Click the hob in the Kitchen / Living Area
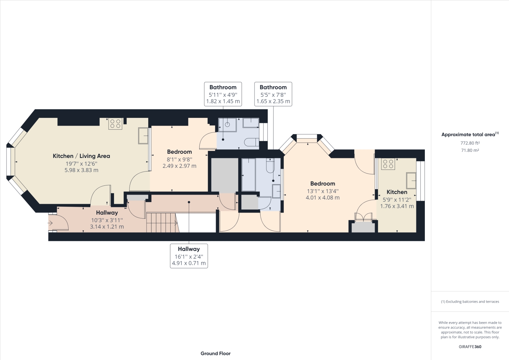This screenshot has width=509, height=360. (115, 124)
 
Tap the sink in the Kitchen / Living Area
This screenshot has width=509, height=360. (143, 136)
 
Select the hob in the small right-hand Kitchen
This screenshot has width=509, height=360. (388, 164)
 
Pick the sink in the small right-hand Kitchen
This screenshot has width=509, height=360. (411, 180)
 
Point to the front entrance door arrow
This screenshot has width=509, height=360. (50, 223)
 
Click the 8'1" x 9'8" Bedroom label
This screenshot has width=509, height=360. (179, 159)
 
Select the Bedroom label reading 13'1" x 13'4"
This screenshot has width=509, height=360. (322, 190)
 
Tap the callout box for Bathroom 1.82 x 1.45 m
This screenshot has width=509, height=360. (223, 94)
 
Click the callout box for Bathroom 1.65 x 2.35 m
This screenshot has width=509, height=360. (273, 94)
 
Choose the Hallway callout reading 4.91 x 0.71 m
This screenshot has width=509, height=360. (189, 256)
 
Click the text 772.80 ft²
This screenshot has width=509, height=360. (470, 143)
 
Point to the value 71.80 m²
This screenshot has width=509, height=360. (470, 150)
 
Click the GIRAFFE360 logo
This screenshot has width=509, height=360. (470, 347)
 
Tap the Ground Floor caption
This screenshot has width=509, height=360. (215, 353)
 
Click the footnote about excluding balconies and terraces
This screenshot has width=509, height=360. (470, 302)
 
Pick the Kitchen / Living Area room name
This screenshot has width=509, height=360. (81, 156)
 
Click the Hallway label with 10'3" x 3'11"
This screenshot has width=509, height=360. (107, 219)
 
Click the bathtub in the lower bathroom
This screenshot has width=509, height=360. (249, 175)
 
